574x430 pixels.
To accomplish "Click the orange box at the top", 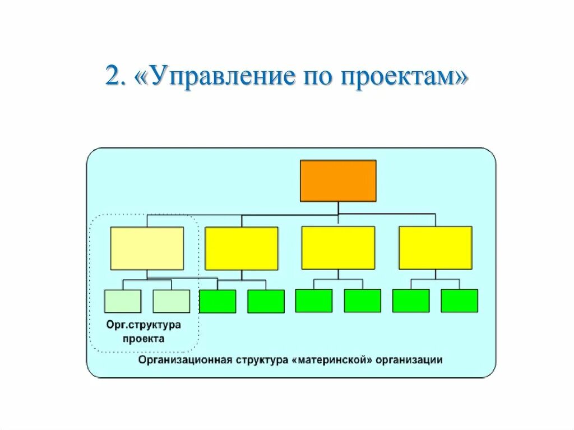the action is coord(338,181).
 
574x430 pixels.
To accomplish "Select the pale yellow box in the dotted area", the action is coord(147,248).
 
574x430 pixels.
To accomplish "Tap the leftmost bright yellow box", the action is coord(242,248).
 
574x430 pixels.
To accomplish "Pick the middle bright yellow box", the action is coord(338,248).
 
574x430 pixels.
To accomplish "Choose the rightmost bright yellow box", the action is coord(435,248).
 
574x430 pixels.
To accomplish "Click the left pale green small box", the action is coord(123,301).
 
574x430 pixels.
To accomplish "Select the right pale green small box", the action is coord(171,301).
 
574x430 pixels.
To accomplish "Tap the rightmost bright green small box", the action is coord(459,301).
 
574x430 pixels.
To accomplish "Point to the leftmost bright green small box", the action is coord(217,301).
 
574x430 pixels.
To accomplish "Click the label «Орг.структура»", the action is coord(144,325).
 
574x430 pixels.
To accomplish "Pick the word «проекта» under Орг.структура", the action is coord(145,339).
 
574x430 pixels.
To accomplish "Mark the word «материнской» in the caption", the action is coord(332,360).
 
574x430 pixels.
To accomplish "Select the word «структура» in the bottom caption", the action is coord(261,360).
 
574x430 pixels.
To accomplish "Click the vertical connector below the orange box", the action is coord(338,208).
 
